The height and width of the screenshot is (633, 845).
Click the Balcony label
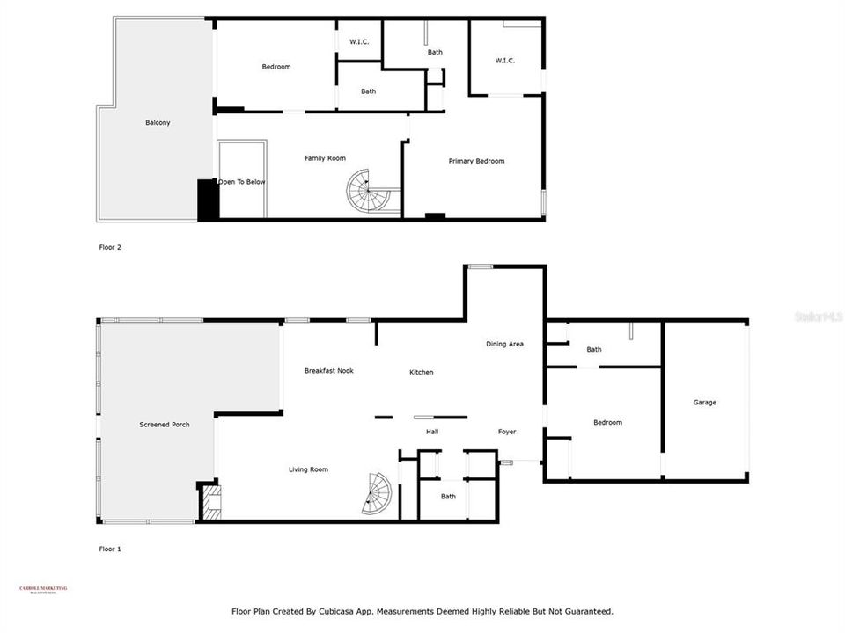pos(158,123)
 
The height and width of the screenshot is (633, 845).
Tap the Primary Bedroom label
pos(476,161)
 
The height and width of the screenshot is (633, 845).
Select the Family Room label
pos(325,158)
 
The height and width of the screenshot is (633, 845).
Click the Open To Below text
pos(242,182)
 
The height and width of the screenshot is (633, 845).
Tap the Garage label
pos(704,403)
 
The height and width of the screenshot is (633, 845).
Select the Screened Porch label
pos(164,425)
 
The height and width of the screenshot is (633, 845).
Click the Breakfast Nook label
pos(328,371)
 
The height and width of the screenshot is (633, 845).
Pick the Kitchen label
pos(421,373)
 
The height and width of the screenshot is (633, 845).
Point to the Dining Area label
pos(504,344)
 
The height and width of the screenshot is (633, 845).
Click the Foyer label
pos(506,432)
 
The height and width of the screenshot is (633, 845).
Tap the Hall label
pos(432,432)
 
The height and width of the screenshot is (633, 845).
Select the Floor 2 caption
pos(110,247)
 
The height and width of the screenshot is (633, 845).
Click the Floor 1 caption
pos(110,549)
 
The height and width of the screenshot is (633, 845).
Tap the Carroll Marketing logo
pos(43,590)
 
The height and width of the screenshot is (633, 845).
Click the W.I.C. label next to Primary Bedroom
pos(504,61)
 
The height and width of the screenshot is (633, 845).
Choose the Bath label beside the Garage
pos(594,350)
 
